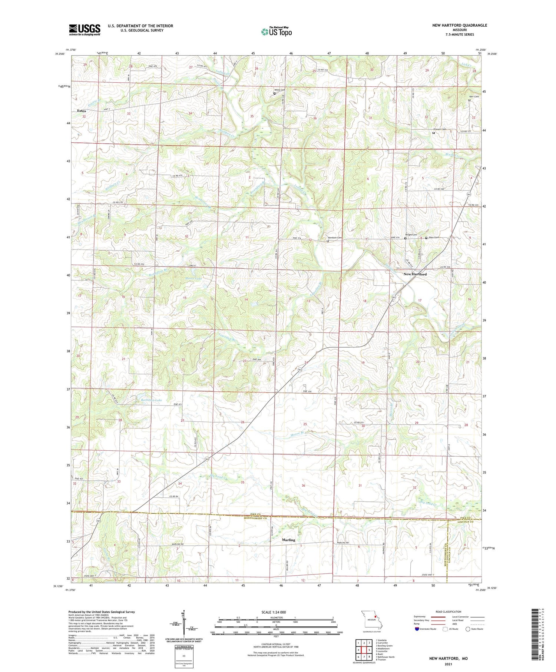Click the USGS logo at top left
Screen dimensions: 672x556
tap(85, 30)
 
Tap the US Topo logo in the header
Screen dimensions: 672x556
tap(276, 32)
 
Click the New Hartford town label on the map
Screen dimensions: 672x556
tap(415, 274)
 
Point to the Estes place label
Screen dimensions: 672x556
tap(82, 111)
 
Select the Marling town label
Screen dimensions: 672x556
tap(288, 540)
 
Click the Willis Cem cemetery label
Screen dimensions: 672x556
tap(279, 90)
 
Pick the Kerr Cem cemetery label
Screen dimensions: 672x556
tap(474, 97)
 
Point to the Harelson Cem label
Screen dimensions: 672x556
tap(334, 238)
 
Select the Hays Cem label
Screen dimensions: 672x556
tap(434, 238)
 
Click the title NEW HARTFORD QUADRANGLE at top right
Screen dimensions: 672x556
tap(459, 25)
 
